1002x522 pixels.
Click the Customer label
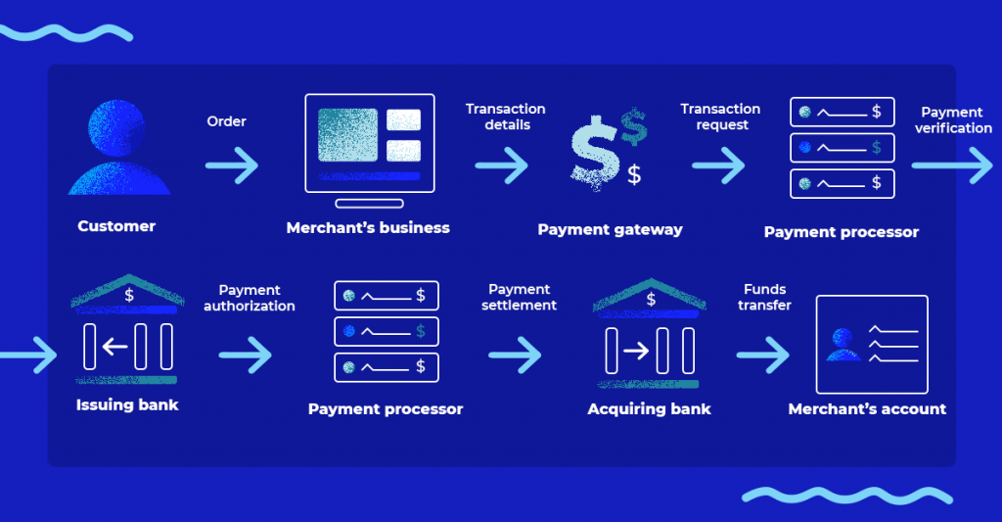[x=116, y=226]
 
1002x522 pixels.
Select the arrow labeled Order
[x=232, y=165]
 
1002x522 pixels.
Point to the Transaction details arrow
[x=502, y=165]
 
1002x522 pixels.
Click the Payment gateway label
[x=610, y=230]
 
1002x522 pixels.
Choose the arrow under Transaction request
[x=719, y=165]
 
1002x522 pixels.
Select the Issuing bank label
[x=127, y=404]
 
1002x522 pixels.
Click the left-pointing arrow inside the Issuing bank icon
[x=116, y=346]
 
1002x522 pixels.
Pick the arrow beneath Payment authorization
[x=245, y=354]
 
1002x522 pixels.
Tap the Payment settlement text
[x=519, y=297]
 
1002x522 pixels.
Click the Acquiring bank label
[x=649, y=408]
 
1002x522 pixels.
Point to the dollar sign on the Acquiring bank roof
[x=650, y=297]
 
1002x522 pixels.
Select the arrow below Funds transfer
[x=763, y=354]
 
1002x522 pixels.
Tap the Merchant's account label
[x=867, y=408]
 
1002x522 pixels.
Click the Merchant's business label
[x=368, y=228]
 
